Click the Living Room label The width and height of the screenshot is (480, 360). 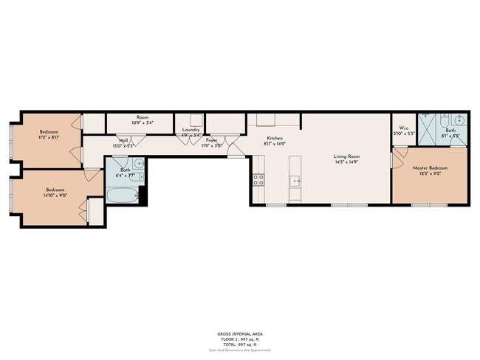click(347, 156)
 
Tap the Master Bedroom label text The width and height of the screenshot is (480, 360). click(430, 168)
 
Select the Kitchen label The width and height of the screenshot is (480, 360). click(275, 138)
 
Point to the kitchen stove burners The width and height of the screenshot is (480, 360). click(258, 179)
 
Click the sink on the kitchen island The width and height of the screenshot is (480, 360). click(295, 180)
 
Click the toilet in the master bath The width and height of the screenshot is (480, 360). click(442, 120)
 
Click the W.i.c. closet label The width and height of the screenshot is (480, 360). click(405, 128)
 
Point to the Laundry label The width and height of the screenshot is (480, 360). click(191, 129)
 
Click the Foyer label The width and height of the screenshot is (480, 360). click(212, 139)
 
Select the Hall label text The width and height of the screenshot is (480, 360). click(123, 139)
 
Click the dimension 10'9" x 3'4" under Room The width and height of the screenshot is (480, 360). click(143, 123)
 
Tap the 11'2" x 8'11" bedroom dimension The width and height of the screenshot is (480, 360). click(49, 137)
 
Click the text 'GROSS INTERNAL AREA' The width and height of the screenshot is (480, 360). click(239, 334)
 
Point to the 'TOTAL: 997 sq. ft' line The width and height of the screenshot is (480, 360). click(239, 345)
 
